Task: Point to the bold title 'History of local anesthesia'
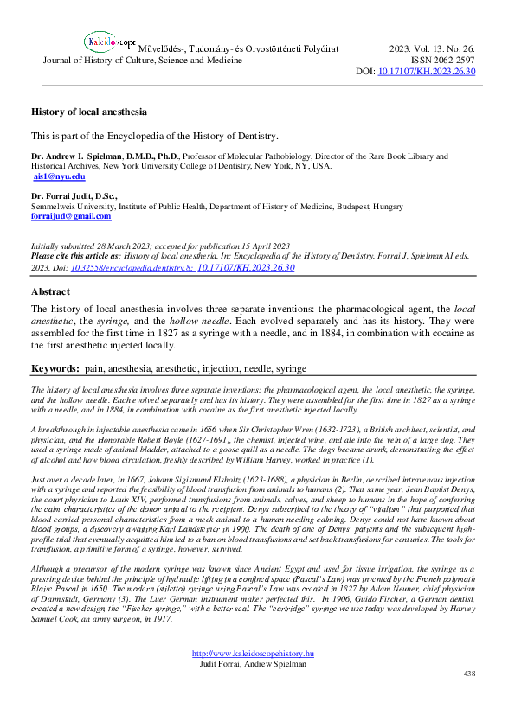tap(89, 112)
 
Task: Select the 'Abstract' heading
tap(51, 291)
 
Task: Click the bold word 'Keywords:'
tap(55, 368)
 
